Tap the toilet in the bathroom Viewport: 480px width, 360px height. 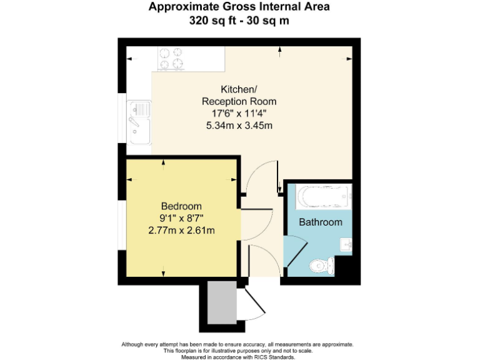point(322,266)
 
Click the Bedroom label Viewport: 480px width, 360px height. point(181,206)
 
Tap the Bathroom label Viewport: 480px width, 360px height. point(321,222)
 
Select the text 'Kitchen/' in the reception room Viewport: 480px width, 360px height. point(239,89)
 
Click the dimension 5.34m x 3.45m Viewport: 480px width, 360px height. point(239,126)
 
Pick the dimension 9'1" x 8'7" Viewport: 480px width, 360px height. point(181,218)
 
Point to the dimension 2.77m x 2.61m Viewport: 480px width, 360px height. point(181,231)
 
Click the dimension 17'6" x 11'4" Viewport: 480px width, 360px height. point(239,113)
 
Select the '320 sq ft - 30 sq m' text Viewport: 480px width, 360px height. point(239,20)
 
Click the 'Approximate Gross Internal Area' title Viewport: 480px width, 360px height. point(239,7)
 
